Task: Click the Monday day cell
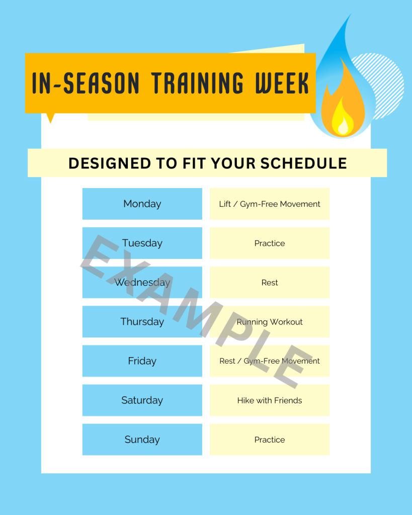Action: (x=142, y=204)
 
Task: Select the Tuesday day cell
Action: (x=142, y=243)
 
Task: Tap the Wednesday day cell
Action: (x=142, y=282)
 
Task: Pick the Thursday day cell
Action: (x=142, y=321)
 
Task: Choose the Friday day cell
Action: (x=142, y=361)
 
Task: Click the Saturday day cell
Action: (x=142, y=400)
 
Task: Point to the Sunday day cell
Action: (x=142, y=440)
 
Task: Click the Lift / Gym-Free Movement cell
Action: (x=270, y=204)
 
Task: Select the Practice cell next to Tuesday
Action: (x=270, y=243)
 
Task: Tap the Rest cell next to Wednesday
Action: (x=270, y=282)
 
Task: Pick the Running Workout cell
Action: (x=270, y=321)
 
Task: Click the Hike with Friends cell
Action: (x=270, y=400)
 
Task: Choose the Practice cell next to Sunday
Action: (x=270, y=440)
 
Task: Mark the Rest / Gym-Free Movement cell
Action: (x=270, y=361)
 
